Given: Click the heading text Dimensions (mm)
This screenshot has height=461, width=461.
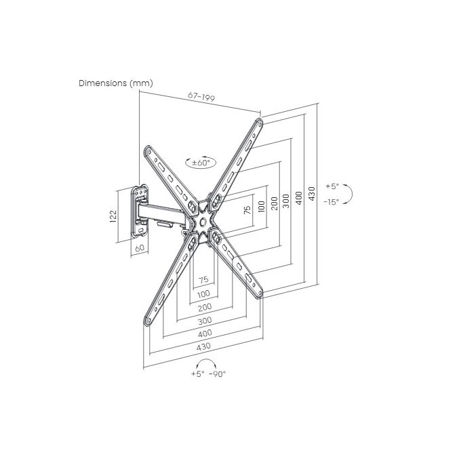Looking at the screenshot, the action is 115,83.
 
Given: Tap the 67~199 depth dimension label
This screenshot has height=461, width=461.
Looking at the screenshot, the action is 201,96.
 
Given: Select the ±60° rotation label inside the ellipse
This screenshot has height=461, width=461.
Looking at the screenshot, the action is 201,163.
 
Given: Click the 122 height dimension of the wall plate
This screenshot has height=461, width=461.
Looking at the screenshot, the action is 113,216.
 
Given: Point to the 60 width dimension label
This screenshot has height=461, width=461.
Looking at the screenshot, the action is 140,248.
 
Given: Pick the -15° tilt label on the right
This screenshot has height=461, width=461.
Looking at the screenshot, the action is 332,202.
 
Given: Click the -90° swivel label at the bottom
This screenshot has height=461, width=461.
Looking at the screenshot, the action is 217,374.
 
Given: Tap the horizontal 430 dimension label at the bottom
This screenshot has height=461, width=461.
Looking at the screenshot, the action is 204,346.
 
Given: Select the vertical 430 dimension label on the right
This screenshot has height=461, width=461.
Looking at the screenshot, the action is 312,193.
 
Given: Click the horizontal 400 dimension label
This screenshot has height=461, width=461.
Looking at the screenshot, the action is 205,333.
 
